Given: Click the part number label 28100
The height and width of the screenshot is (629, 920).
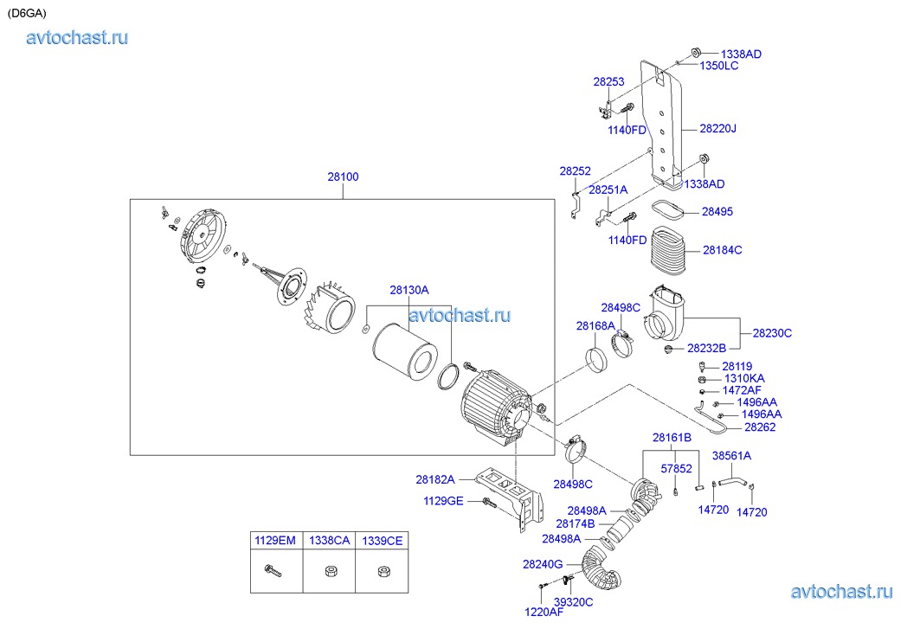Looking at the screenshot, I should pos(343,177).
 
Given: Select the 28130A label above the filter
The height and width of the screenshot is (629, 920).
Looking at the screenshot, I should pos(409,290).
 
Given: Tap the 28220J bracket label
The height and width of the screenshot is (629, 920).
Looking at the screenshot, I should pos(718,129).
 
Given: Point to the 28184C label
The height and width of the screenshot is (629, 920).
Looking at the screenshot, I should pos(723,250).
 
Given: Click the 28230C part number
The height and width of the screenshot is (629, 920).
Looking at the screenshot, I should pos(772,333).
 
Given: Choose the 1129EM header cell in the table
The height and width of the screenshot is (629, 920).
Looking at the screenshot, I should pos(274,541).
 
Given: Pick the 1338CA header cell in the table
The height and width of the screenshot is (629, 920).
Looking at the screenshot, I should pos(329,541).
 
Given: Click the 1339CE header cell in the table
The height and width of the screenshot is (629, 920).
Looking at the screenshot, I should pos(383,541).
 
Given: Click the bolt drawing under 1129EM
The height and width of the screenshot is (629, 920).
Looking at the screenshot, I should pos(273,571).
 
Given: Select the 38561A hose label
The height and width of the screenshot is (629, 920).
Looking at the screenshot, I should pos(731,456).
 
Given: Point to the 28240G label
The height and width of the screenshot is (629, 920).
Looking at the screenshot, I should pos(543,564).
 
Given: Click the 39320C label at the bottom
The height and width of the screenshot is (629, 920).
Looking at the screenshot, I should pos(574,602).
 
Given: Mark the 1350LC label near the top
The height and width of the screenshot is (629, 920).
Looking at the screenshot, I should pos(719,66).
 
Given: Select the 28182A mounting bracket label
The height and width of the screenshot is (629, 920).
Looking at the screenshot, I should pos(435,479).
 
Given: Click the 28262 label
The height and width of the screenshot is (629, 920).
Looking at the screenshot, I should pos(761,427).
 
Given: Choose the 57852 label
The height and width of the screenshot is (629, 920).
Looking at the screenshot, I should pos(676,468).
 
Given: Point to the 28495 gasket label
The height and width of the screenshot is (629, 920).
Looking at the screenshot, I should pos(717,211).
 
